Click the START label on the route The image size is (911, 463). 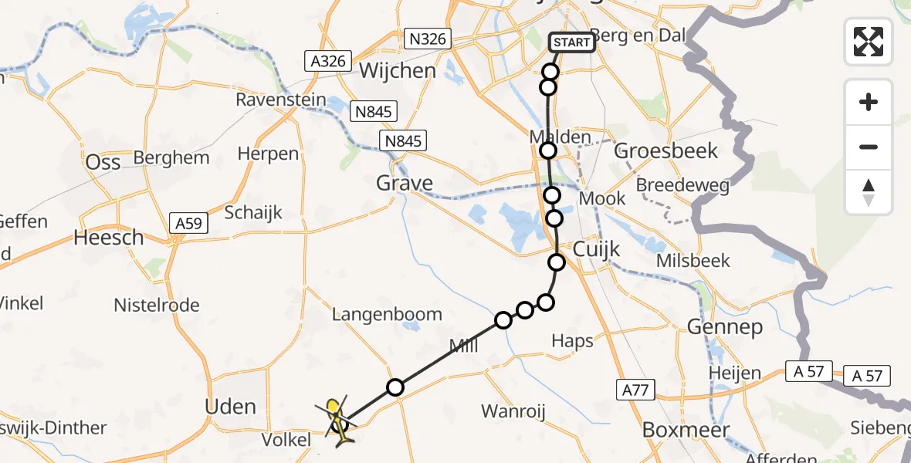[571, 42]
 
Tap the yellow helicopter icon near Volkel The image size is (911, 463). [338, 421]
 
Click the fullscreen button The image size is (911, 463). [869, 41]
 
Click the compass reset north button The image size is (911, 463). [869, 192]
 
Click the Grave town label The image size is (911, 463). [405, 183]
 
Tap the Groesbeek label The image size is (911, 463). [665, 150]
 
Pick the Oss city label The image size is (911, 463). [103, 161]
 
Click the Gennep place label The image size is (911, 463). [724, 327]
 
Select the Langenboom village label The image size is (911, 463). [387, 314]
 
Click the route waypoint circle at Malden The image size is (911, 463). [548, 150]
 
